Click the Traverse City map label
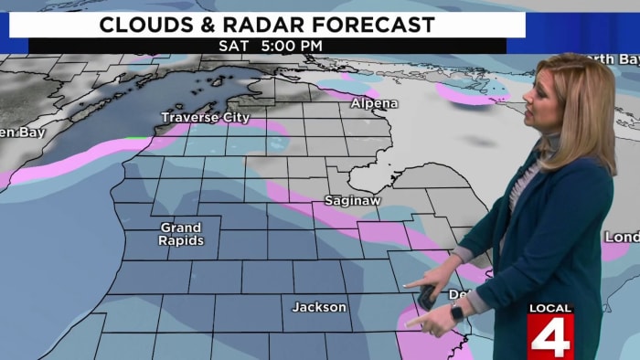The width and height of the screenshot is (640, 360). point(205,118)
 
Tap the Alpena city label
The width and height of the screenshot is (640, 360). point(374,104)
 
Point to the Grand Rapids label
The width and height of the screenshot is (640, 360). point(181,234)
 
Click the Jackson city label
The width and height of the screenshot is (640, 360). point(319,307)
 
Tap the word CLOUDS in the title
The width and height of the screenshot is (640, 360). point(146,25)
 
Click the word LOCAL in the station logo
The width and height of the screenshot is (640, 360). point(549,309)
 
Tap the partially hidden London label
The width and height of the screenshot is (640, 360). point(622,238)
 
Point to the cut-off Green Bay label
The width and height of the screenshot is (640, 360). point(16,131)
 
